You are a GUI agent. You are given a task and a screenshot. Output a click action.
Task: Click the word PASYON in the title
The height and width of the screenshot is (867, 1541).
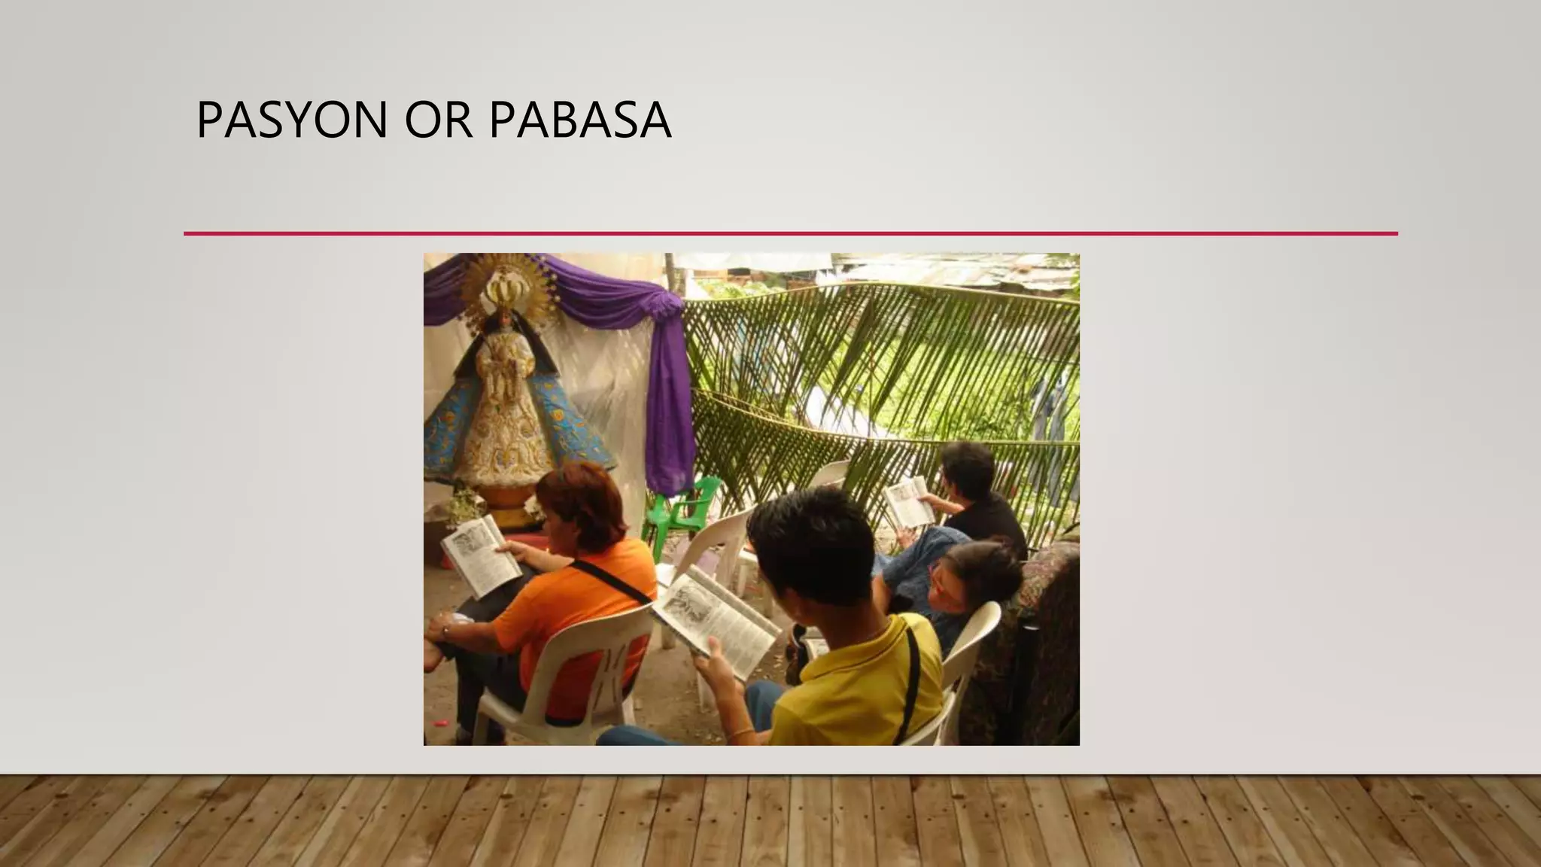click(x=291, y=120)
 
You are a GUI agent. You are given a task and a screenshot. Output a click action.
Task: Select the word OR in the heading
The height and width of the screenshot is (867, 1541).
click(x=439, y=120)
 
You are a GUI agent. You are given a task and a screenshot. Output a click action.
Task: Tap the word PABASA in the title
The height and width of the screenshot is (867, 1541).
click(x=579, y=120)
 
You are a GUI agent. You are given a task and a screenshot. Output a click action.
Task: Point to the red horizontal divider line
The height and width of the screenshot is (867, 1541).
click(x=790, y=234)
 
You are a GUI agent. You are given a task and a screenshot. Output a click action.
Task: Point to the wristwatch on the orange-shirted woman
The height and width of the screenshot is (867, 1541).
click(x=445, y=633)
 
